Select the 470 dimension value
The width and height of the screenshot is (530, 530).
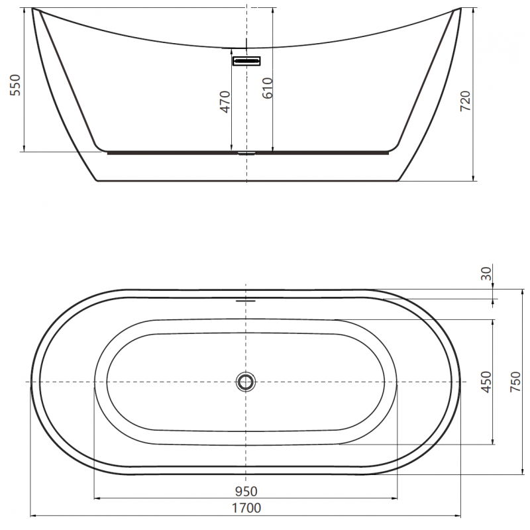[225, 101]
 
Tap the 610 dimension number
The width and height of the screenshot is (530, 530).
[267, 87]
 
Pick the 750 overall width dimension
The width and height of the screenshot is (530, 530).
[515, 382]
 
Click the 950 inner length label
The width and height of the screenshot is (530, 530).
[246, 491]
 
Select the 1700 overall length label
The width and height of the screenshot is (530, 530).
[246, 509]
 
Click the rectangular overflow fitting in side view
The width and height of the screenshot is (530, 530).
[246, 61]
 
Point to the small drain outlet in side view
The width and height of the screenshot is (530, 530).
[246, 152]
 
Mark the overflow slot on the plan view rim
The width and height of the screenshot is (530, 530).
[246, 298]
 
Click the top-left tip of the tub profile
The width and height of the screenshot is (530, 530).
[34, 9]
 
